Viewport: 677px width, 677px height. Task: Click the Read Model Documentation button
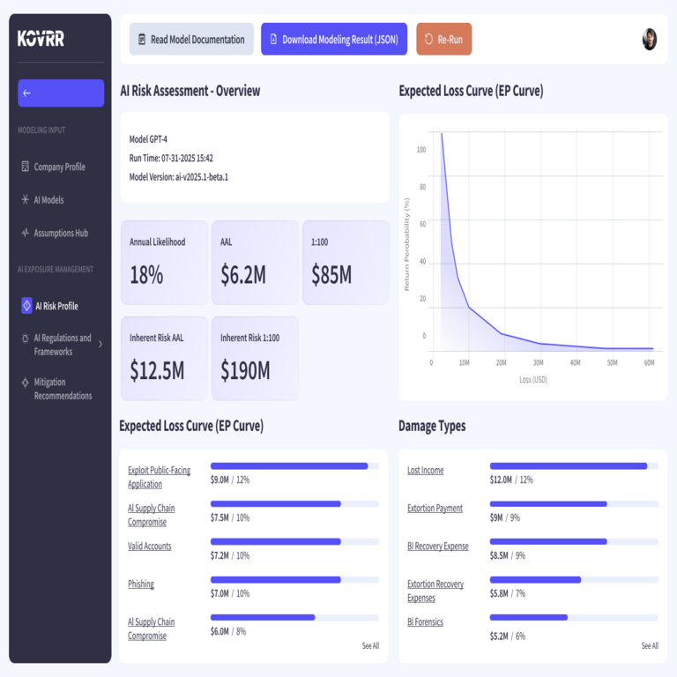click(x=191, y=40)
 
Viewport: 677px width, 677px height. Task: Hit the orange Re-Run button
click(x=444, y=40)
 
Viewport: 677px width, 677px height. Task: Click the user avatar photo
click(x=650, y=39)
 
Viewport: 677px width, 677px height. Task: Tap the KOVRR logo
click(x=41, y=39)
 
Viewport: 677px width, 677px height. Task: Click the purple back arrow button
click(x=61, y=93)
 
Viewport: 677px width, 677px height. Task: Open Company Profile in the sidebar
click(x=58, y=167)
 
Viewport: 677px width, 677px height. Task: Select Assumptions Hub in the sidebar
click(x=60, y=233)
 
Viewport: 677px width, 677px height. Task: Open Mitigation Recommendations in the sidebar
click(x=62, y=389)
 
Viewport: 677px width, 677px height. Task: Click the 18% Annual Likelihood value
click(x=146, y=275)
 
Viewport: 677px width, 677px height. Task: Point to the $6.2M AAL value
click(x=243, y=275)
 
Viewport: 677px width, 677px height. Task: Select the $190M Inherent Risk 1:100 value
click(x=245, y=371)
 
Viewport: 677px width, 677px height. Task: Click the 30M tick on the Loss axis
click(x=539, y=362)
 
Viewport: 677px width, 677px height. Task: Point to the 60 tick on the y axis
click(x=422, y=224)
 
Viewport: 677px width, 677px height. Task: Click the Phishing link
click(x=141, y=584)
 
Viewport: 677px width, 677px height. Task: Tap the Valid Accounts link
click(x=150, y=546)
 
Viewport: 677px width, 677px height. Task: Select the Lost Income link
click(x=425, y=470)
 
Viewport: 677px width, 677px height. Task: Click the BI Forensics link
click(x=425, y=621)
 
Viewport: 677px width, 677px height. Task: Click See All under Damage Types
click(x=650, y=646)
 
